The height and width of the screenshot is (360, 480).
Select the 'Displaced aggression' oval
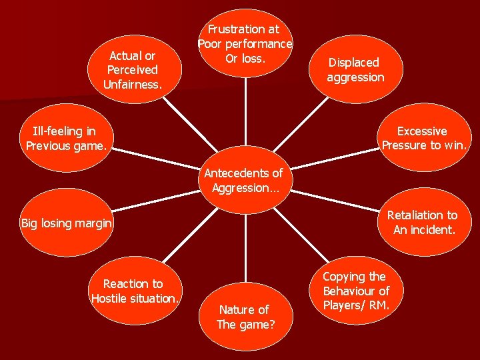coord(355,70)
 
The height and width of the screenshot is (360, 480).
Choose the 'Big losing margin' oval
coord(66,223)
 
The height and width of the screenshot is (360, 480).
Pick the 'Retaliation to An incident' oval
coord(423,223)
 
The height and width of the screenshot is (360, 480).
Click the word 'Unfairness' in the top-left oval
coord(131,85)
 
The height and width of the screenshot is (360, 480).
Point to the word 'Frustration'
coord(236,29)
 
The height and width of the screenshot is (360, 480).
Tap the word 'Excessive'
coord(422,131)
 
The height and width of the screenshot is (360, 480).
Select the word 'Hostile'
coord(111,298)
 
